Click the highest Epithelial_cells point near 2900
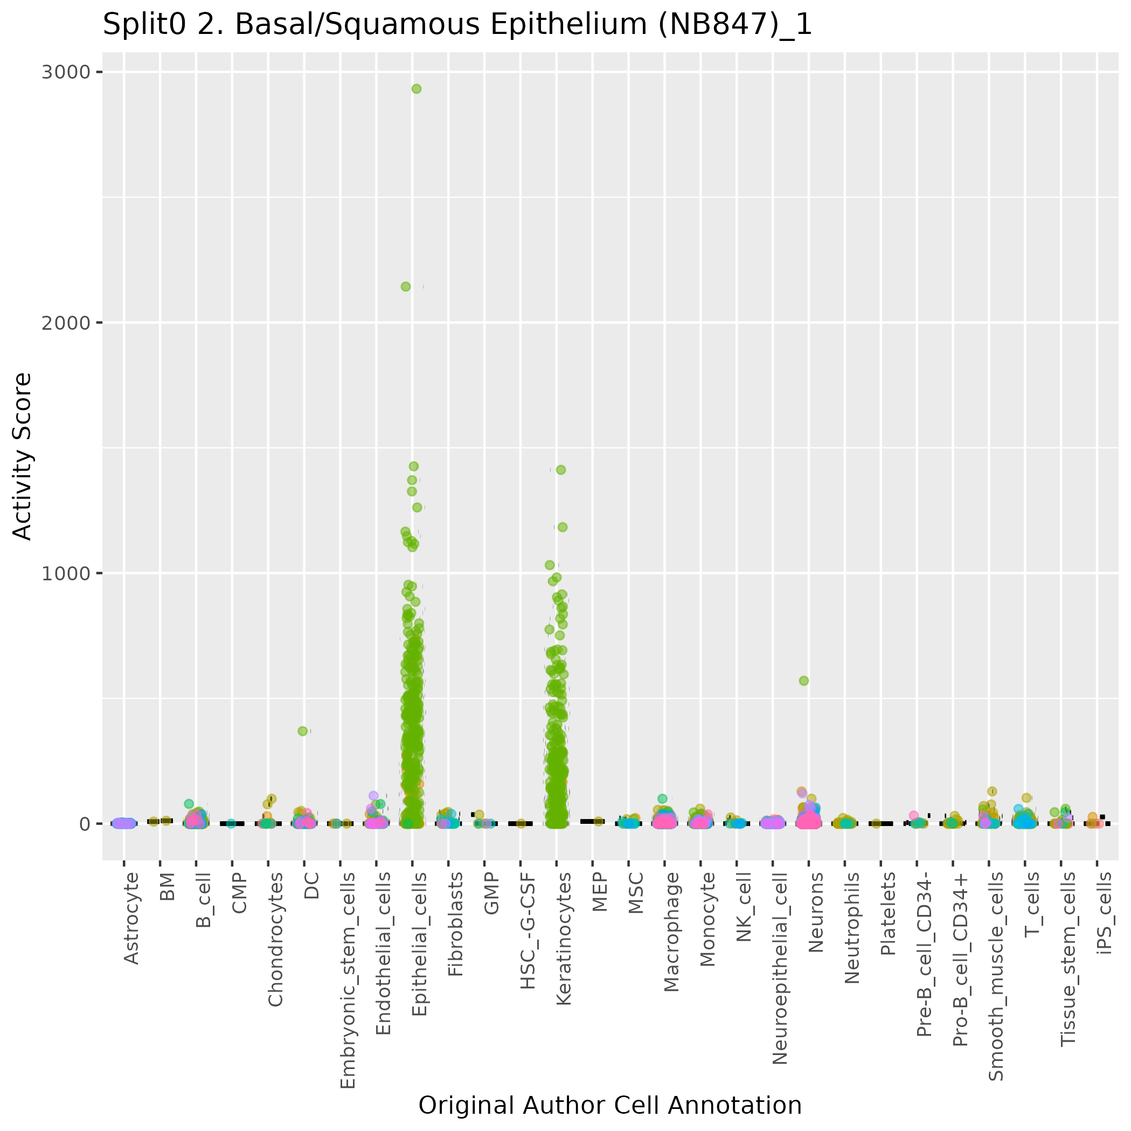click(x=416, y=89)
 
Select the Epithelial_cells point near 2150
click(x=405, y=286)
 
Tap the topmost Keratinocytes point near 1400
click(x=560, y=469)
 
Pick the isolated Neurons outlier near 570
click(x=804, y=680)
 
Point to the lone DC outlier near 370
click(x=303, y=731)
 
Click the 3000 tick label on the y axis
click(x=66, y=72)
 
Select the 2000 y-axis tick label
click(x=66, y=323)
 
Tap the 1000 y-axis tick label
click(x=66, y=573)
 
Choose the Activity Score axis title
click(x=22, y=456)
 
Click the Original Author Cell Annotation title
click(x=610, y=1105)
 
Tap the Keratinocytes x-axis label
click(x=564, y=939)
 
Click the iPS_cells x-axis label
click(x=1105, y=913)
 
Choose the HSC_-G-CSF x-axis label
click(x=528, y=931)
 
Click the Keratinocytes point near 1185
click(x=562, y=527)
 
